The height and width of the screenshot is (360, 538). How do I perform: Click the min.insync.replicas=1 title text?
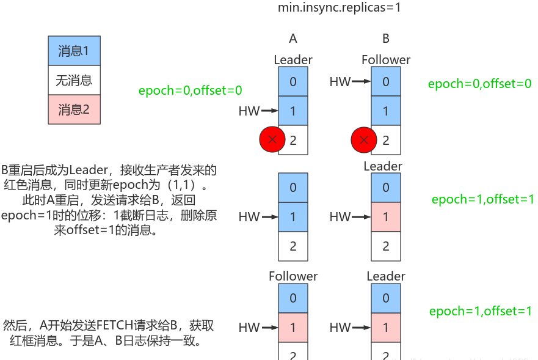(340, 9)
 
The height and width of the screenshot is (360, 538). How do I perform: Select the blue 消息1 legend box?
(74, 51)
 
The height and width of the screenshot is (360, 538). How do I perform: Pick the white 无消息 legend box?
(74, 80)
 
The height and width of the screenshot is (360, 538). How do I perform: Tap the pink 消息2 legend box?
(74, 109)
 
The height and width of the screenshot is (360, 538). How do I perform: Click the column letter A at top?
(293, 39)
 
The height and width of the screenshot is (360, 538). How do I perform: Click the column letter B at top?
(385, 39)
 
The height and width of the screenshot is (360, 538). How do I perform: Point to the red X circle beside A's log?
(272, 139)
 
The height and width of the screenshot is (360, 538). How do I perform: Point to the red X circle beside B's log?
(365, 139)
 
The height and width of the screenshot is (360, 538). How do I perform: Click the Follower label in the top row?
(385, 60)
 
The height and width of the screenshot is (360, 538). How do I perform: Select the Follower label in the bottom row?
(293, 276)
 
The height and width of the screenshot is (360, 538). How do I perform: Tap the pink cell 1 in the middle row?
(385, 217)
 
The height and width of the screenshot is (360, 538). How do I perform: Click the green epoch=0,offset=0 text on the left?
(191, 90)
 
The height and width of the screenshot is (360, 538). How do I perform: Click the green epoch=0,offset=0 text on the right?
(479, 84)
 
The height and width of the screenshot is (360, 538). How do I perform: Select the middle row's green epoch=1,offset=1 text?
(482, 199)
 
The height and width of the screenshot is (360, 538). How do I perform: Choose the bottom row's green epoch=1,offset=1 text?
(481, 311)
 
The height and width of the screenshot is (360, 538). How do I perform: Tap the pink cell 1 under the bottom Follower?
(293, 328)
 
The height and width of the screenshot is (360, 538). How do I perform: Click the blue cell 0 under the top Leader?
(293, 82)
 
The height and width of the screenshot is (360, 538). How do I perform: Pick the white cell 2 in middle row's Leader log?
(385, 246)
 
